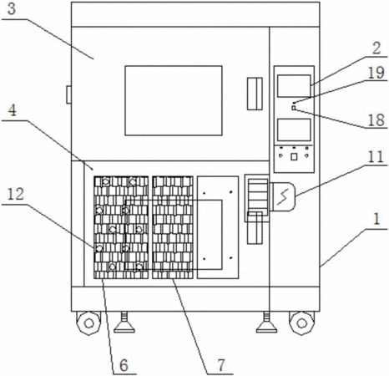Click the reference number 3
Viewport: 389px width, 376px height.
click(12, 9)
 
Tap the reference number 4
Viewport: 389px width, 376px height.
click(13, 110)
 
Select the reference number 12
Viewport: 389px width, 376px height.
click(16, 194)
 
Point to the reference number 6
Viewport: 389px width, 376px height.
click(124, 365)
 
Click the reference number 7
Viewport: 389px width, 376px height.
click(221, 365)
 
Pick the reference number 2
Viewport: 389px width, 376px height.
click(376, 48)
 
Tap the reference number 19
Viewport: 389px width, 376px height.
click(376, 73)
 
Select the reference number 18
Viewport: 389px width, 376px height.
click(376, 119)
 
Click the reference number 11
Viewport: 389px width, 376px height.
click(376, 157)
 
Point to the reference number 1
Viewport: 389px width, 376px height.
click(376, 219)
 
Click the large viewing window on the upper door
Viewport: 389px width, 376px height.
click(174, 100)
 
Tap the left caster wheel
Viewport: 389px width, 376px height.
click(88, 323)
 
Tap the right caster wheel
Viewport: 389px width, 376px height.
click(302, 323)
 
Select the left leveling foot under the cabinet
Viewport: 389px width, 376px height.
click(124, 323)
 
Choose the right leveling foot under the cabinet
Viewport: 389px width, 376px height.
click(266, 323)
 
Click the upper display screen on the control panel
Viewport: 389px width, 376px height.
click(294, 86)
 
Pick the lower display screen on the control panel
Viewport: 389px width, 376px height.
click(294, 130)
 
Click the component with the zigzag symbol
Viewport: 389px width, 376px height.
click(282, 196)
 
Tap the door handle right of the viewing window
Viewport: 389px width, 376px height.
click(255, 94)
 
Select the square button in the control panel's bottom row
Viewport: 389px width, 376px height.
click(294, 156)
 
